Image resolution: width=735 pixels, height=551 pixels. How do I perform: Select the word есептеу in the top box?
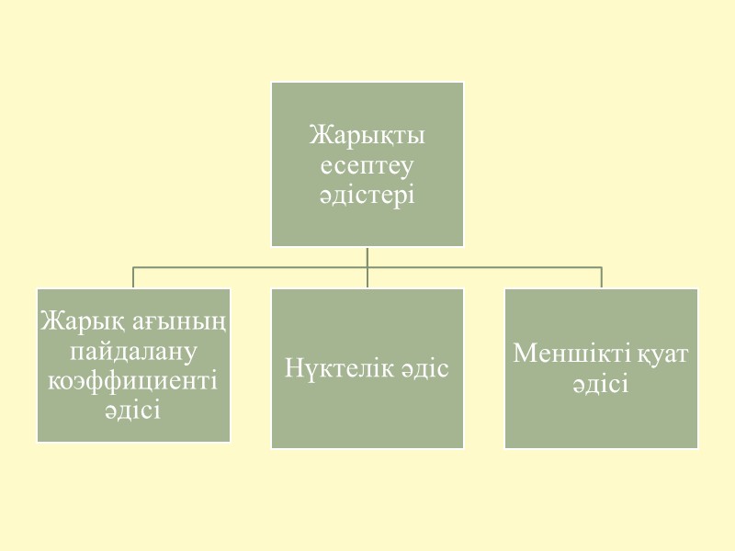pyautogui.click(x=367, y=166)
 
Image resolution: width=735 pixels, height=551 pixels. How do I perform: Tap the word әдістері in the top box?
pyautogui.click(x=367, y=196)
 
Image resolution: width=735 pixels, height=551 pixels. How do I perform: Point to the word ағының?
pyautogui.click(x=182, y=323)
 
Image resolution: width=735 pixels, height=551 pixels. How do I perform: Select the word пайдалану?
pyautogui.click(x=134, y=351)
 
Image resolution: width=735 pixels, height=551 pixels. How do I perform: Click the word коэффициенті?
pyautogui.click(x=134, y=380)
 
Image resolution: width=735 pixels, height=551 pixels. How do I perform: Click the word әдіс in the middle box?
pyautogui.click(x=424, y=368)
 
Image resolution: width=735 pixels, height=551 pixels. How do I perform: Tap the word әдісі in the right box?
pyautogui.click(x=602, y=383)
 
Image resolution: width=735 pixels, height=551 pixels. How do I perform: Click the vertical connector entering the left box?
pyautogui.click(x=134, y=277)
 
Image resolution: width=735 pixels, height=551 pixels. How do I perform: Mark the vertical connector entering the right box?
pyautogui.click(x=602, y=277)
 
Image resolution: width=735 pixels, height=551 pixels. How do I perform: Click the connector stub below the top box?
pyautogui.click(x=367, y=256)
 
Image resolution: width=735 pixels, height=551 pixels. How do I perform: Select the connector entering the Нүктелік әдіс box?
pyautogui.click(x=367, y=278)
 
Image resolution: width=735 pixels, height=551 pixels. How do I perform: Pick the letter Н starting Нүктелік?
pyautogui.click(x=294, y=368)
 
